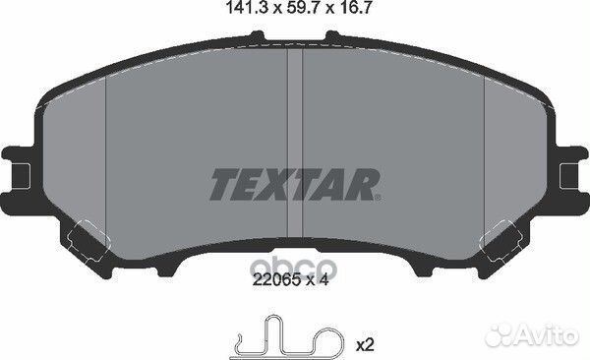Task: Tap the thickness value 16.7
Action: [x=344, y=12]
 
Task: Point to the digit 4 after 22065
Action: [x=323, y=280]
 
